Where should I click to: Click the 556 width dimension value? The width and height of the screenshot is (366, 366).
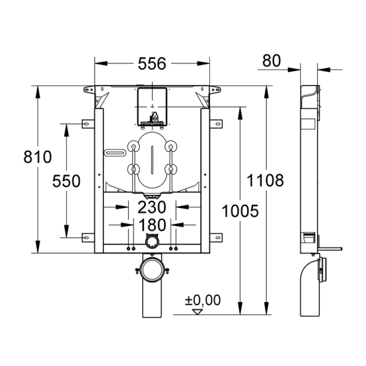tap(152, 62)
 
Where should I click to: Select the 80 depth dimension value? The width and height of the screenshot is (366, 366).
tap(272, 60)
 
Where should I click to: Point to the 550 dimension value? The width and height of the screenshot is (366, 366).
tap(66, 181)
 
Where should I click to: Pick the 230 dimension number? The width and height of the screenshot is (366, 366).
tap(152, 208)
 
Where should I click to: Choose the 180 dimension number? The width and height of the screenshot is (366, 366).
tap(152, 225)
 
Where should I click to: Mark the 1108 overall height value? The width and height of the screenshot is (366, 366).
tap(264, 181)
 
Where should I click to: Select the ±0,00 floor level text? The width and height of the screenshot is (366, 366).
tap(202, 300)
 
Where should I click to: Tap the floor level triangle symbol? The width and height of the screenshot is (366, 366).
tap(196, 311)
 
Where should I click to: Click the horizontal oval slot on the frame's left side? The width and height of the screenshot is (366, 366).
tap(114, 152)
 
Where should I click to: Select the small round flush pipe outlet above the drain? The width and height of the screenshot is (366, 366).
tap(152, 242)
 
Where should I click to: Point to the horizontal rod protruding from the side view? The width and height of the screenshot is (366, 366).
tap(330, 248)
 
